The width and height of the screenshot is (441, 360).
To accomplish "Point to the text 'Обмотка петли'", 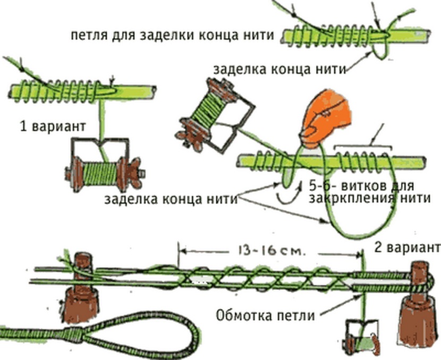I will pyautogui.click(x=265, y=315).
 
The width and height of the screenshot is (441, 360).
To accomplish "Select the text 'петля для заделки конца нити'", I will pyautogui.click(x=173, y=36).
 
